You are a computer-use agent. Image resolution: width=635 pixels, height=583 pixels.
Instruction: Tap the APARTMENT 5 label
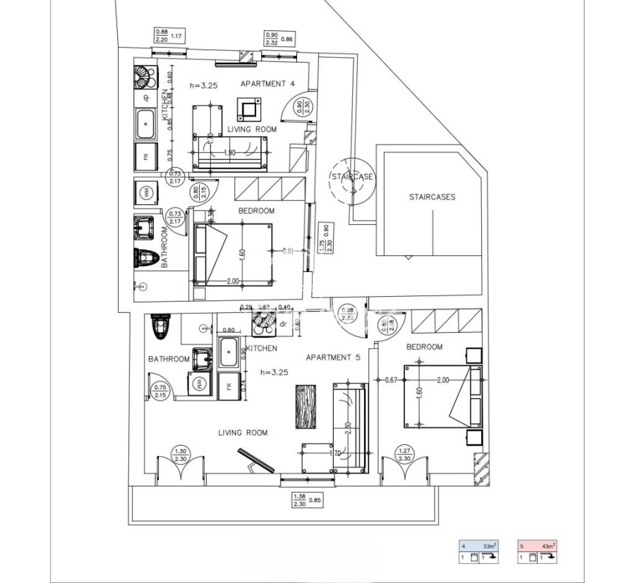coord(333,357)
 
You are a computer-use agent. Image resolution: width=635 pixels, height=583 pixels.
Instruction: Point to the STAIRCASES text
coord(432,197)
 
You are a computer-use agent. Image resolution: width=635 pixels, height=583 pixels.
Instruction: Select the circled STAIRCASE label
coord(352,177)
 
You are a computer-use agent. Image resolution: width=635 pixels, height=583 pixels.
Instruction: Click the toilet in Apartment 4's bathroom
coord(146,259)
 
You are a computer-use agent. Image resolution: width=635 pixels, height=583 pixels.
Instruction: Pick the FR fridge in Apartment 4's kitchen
coord(146,157)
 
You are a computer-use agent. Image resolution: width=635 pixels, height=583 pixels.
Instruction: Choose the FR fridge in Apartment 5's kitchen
coord(229,385)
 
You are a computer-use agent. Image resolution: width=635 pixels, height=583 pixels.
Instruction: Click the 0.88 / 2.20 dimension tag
coord(161,36)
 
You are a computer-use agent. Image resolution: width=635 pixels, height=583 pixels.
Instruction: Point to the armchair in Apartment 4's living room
coord(248,109)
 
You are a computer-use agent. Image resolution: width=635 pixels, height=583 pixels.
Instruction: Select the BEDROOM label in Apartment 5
coord(424,347)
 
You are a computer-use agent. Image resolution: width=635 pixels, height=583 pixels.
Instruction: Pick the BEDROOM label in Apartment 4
coord(256,211)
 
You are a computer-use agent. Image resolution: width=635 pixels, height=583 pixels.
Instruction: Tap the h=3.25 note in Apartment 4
coord(205,85)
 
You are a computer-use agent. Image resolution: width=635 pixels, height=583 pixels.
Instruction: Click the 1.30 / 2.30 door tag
coord(181,455)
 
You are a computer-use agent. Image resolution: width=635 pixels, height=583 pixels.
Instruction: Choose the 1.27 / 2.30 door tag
coord(404,455)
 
